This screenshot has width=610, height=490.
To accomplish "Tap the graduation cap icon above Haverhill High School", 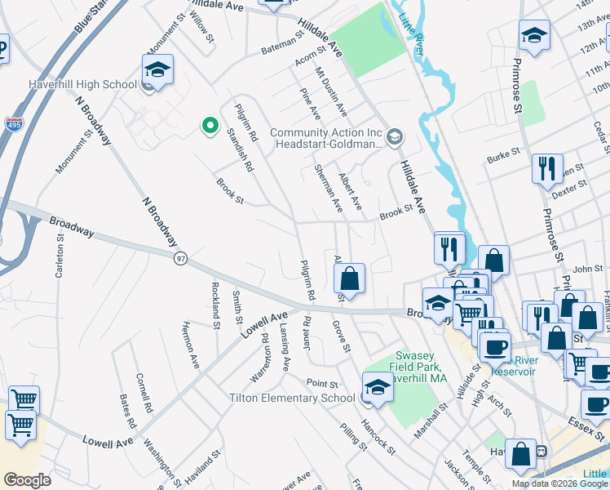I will [x=157, y=69].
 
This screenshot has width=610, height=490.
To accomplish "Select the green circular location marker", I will [x=210, y=126].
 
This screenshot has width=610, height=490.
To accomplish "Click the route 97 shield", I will [x=180, y=258].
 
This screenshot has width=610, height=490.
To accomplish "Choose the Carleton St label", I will [x=60, y=257].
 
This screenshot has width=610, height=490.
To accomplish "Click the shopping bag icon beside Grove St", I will [x=349, y=278].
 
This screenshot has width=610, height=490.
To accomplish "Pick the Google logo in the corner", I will [x=28, y=480].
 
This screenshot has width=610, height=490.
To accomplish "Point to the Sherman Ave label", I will [x=329, y=188].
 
